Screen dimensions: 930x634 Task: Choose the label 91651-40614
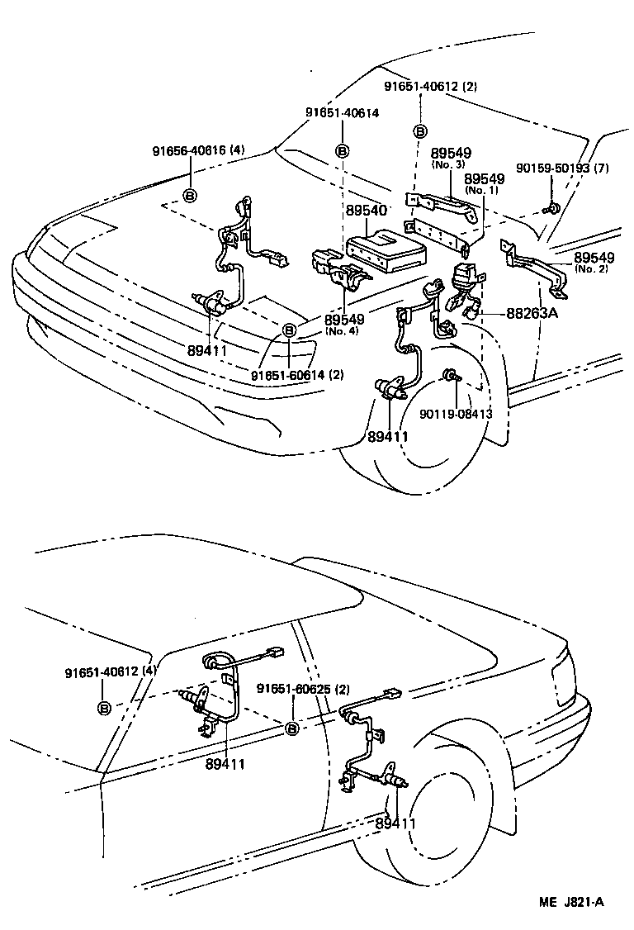coord(342,113)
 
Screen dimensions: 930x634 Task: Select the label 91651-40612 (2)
coord(430,86)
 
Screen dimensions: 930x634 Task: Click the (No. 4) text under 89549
coord(340,331)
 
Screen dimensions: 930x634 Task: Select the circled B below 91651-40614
coord(343,151)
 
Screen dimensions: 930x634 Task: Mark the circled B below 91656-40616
coord(190,195)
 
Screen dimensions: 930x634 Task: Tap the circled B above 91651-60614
coord(290,330)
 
